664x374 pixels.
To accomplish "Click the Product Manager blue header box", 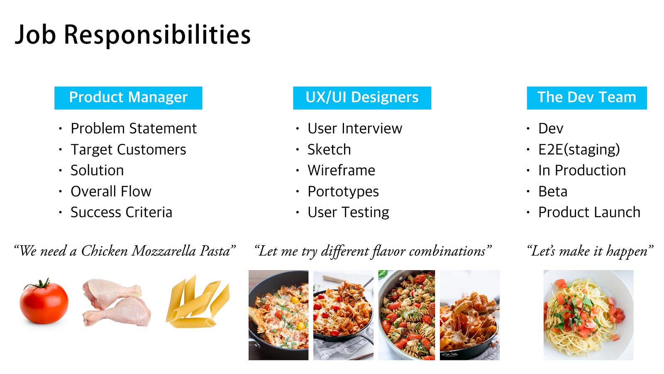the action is pyautogui.click(x=128, y=98).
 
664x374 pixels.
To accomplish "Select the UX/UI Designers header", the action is pyautogui.click(x=362, y=98).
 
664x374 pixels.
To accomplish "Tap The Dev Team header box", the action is pyautogui.click(x=587, y=98).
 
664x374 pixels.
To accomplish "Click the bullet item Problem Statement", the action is pyautogui.click(x=133, y=128).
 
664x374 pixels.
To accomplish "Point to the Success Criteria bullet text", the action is pyautogui.click(x=121, y=212).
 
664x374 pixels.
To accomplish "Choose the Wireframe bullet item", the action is pyautogui.click(x=341, y=170).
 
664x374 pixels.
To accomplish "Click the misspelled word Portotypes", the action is pyautogui.click(x=343, y=192).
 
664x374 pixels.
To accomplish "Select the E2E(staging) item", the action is pyautogui.click(x=579, y=150).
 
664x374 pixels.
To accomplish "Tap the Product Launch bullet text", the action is pyautogui.click(x=589, y=212).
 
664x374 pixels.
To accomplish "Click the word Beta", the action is pyautogui.click(x=553, y=192).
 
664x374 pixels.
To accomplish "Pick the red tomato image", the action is pyautogui.click(x=44, y=302).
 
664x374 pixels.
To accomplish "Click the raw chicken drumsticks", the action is pyautogui.click(x=117, y=303).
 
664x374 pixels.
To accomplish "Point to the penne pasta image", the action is pyautogui.click(x=198, y=301).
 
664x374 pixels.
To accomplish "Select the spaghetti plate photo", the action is pyautogui.click(x=588, y=315).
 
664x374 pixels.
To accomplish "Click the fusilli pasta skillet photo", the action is pyautogui.click(x=407, y=315).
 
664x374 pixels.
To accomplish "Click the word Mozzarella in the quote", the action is pyautogui.click(x=164, y=251).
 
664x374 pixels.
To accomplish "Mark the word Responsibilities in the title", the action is pyautogui.click(x=157, y=35).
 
